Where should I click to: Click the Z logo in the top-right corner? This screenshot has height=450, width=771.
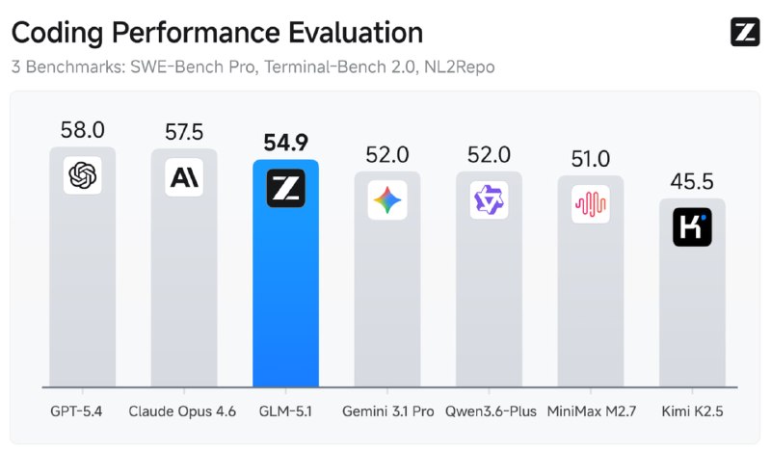[x=745, y=32]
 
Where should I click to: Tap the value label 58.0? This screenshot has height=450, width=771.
[x=82, y=129]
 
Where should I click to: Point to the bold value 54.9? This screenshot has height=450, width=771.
[x=285, y=143]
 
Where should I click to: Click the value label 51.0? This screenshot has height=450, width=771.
[x=590, y=158]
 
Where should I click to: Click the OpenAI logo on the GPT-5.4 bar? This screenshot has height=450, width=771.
[x=82, y=175]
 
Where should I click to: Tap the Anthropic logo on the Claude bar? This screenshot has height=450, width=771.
[x=183, y=177]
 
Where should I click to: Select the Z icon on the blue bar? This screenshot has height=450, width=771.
[x=285, y=188]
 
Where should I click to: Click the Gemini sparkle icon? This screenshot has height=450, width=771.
[x=387, y=201]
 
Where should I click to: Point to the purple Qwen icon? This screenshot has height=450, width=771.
[x=489, y=200]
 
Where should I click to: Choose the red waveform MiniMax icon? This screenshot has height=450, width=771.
[x=590, y=204]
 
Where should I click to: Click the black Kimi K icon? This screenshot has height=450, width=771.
[x=691, y=227]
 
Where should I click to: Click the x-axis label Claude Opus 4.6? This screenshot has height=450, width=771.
[x=183, y=411]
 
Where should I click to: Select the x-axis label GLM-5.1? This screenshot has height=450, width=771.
[x=285, y=411]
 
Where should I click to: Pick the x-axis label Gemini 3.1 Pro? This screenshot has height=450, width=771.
[x=387, y=411]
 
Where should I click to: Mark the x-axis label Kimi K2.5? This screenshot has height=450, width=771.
[x=691, y=411]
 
